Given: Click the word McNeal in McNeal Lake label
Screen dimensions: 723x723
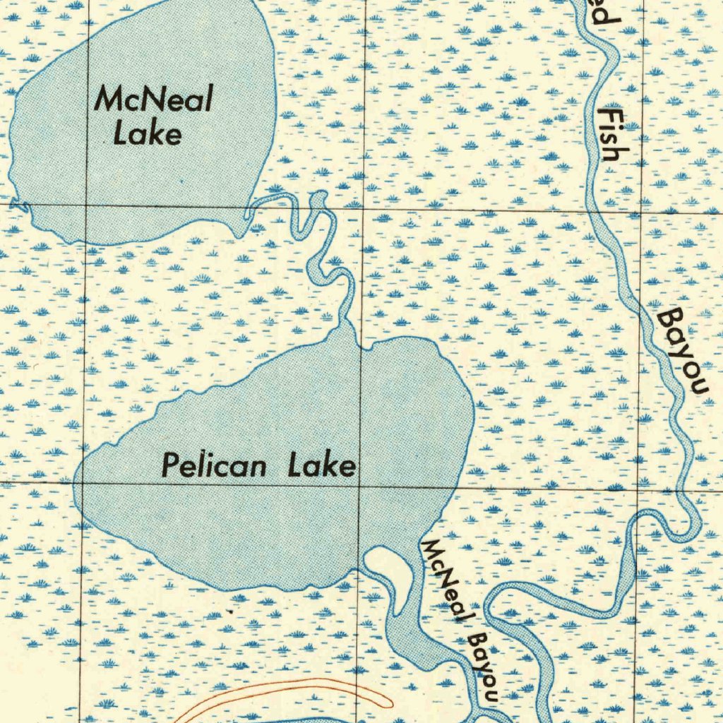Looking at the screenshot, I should (x=153, y=100).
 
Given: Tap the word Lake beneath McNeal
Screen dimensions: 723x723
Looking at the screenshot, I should (x=147, y=134).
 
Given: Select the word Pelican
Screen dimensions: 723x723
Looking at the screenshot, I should (x=214, y=466).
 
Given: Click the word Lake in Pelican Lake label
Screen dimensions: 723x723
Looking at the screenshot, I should (x=321, y=466).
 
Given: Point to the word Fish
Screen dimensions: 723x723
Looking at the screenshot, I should (x=608, y=134).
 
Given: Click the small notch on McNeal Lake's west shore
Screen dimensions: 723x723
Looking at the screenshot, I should (x=21, y=205).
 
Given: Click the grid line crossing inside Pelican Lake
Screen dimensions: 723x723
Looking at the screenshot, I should (x=360, y=486).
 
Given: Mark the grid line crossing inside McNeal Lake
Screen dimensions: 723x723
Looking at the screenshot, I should (x=86, y=205).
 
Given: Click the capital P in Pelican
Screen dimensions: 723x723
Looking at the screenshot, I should (x=169, y=466).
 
